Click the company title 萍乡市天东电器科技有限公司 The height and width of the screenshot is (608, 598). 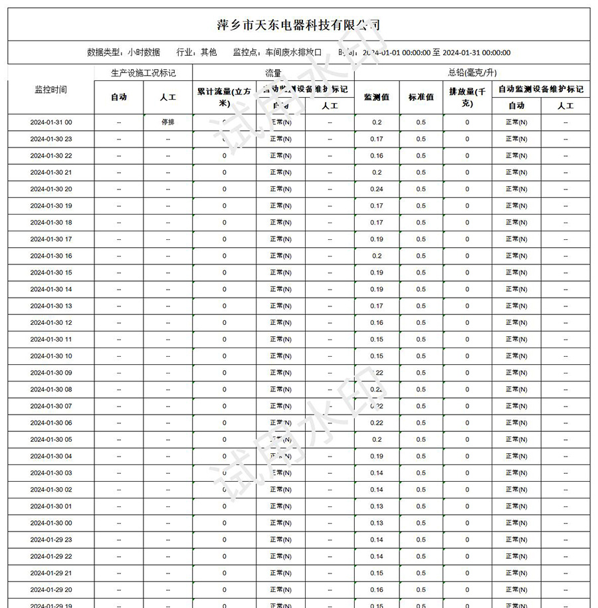(x=298, y=25)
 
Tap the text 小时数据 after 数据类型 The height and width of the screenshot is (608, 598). (x=144, y=52)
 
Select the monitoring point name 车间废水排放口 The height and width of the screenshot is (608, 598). (x=293, y=52)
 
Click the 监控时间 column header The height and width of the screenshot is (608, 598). (x=50, y=89)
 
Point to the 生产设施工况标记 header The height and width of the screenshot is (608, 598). (x=143, y=72)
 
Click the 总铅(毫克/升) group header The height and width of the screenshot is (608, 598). (x=472, y=72)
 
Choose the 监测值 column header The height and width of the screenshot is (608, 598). (x=377, y=96)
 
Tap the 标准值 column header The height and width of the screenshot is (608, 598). (x=421, y=96)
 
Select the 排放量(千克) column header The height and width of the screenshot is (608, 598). (x=467, y=96)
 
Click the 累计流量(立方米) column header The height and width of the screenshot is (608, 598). (x=224, y=96)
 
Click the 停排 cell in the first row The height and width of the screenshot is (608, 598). (x=167, y=122)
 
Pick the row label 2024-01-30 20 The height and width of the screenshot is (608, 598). (x=50, y=189)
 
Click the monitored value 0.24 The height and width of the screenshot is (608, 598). (x=377, y=189)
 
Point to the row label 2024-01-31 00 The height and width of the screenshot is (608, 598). (x=50, y=122)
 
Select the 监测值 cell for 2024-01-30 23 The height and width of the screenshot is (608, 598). (x=377, y=139)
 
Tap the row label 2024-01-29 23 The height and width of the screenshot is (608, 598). (x=50, y=540)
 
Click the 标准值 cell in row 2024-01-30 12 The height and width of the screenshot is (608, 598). (x=421, y=322)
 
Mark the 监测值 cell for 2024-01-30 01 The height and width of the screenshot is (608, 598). (x=377, y=506)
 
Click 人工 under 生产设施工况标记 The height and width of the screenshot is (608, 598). (x=167, y=96)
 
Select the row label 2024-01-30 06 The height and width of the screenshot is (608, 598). (x=50, y=423)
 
